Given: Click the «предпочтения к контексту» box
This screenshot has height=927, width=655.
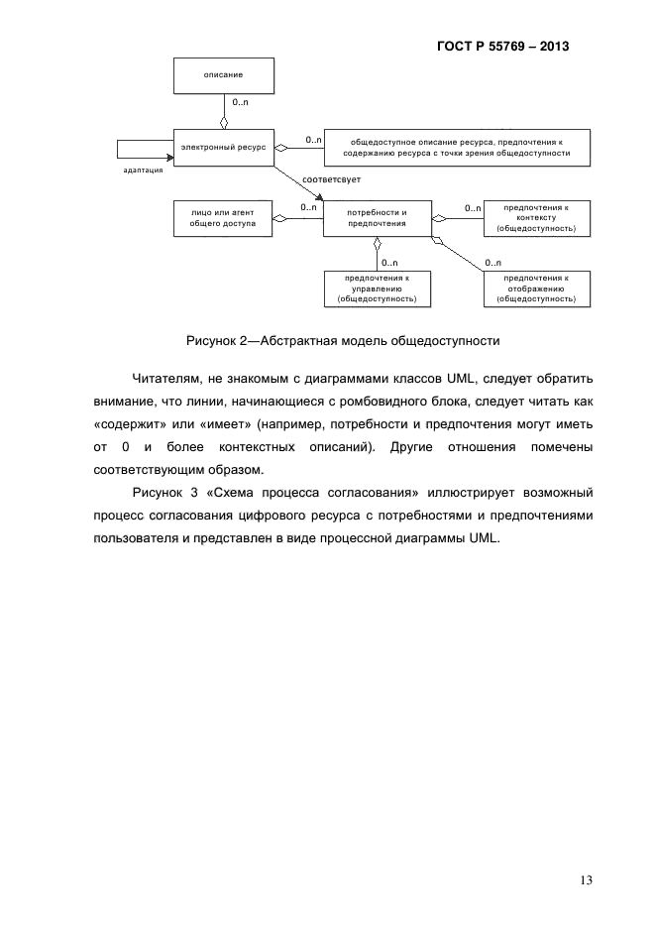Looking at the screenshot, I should (536, 218).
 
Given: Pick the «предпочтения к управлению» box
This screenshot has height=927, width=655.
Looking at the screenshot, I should (378, 288).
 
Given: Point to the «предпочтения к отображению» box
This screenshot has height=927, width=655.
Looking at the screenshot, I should (536, 288).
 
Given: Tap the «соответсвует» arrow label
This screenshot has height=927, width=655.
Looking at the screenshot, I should (331, 179).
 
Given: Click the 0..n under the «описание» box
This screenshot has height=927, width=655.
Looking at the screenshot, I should (240, 102).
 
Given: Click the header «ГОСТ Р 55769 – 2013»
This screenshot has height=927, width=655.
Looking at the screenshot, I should (503, 46).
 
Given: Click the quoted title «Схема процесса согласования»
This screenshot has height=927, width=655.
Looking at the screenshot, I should (308, 493).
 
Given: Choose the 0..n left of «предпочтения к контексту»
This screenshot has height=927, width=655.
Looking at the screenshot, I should (472, 207).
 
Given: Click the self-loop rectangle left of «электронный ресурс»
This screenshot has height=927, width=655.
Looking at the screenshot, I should (143, 148).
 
